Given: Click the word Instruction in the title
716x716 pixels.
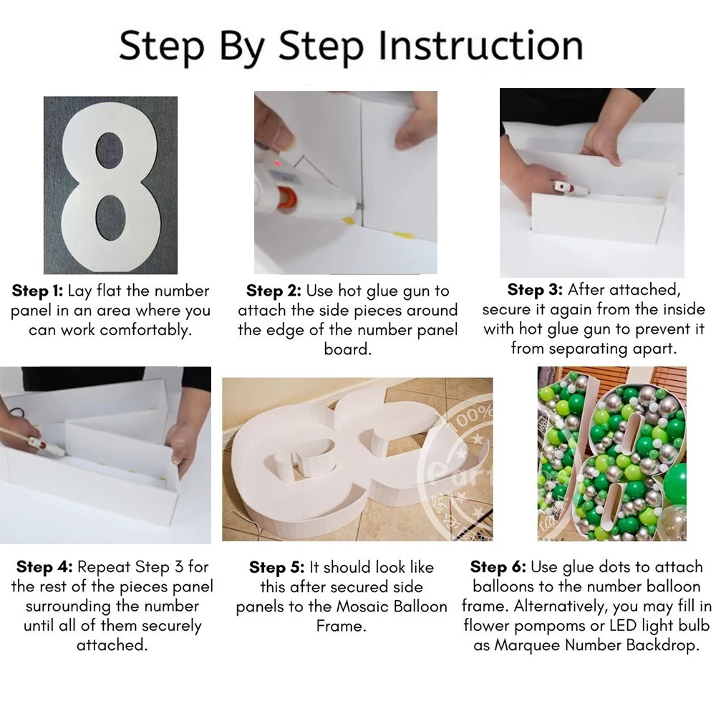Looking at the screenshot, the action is coord(480,45).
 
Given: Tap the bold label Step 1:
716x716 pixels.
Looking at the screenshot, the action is coord(37,291).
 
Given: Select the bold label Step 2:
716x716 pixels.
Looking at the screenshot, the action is coord(274,291).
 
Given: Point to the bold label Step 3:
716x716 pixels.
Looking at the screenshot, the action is coord(535,289).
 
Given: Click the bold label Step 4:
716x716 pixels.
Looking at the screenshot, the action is coord(44,566).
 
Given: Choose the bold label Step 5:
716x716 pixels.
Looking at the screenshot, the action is coord(276,567).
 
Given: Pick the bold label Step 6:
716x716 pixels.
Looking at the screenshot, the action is coord(498,566).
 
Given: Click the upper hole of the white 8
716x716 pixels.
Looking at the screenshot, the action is coord(110,155).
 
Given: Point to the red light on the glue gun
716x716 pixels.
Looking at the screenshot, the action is coord(277,163).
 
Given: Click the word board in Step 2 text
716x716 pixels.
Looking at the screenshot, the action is coord(347,349).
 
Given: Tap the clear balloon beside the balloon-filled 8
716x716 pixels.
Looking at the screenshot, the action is coord(674,523).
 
